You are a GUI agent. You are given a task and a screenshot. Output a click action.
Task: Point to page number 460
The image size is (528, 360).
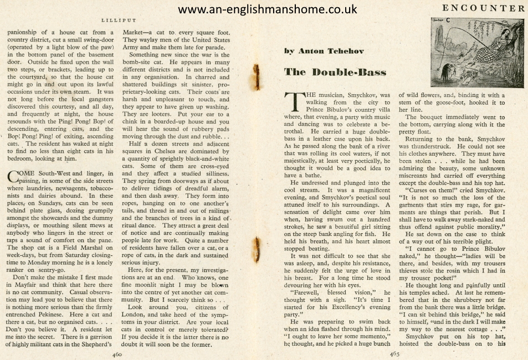pyautogui.click(x=117, y=353)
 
